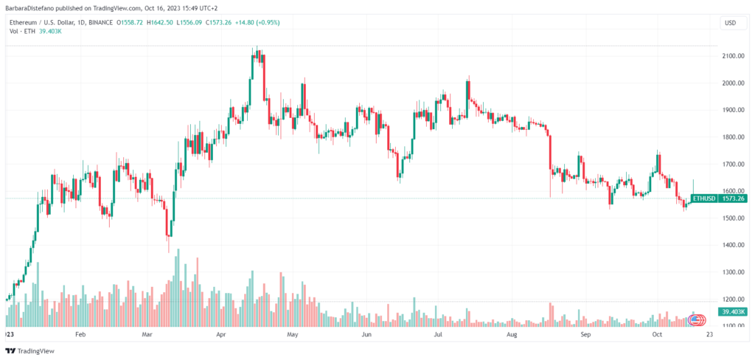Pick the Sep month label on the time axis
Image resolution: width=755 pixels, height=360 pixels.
coord(585,334)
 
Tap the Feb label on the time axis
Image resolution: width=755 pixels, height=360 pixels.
coord(80,334)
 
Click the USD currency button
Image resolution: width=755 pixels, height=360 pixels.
coord(731,23)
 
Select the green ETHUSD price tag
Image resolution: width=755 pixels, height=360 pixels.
coord(703,198)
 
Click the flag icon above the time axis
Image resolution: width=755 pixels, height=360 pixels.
coord(695,319)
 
